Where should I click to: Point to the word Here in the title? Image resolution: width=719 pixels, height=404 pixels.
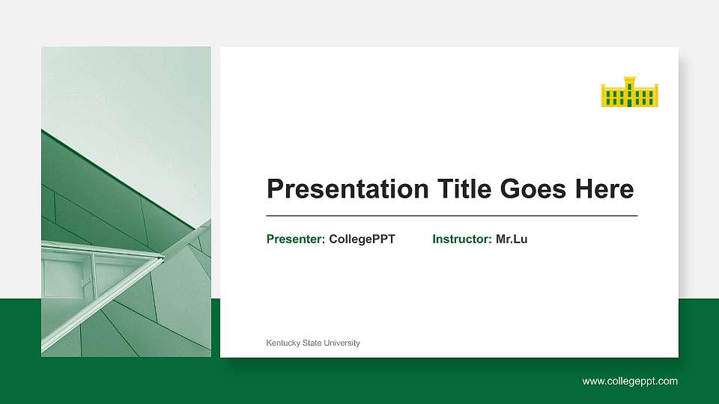point(604,189)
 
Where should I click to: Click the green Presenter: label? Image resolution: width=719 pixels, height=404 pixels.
point(296,239)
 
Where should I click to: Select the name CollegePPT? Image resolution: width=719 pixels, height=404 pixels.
point(362,239)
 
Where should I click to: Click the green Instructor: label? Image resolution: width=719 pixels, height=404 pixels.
point(462,239)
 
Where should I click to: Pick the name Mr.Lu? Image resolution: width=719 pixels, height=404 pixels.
point(512,239)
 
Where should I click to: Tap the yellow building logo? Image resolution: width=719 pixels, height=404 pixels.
point(629,92)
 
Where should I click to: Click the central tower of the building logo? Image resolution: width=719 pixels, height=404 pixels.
point(629,86)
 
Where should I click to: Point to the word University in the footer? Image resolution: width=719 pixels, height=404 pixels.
point(342,343)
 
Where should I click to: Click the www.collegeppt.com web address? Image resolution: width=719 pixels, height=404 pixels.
point(630,382)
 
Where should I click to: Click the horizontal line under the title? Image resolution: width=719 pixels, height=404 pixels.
point(452,215)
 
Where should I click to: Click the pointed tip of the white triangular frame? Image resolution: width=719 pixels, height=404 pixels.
point(162,258)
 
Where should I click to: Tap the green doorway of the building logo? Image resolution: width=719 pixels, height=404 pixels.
point(629,102)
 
